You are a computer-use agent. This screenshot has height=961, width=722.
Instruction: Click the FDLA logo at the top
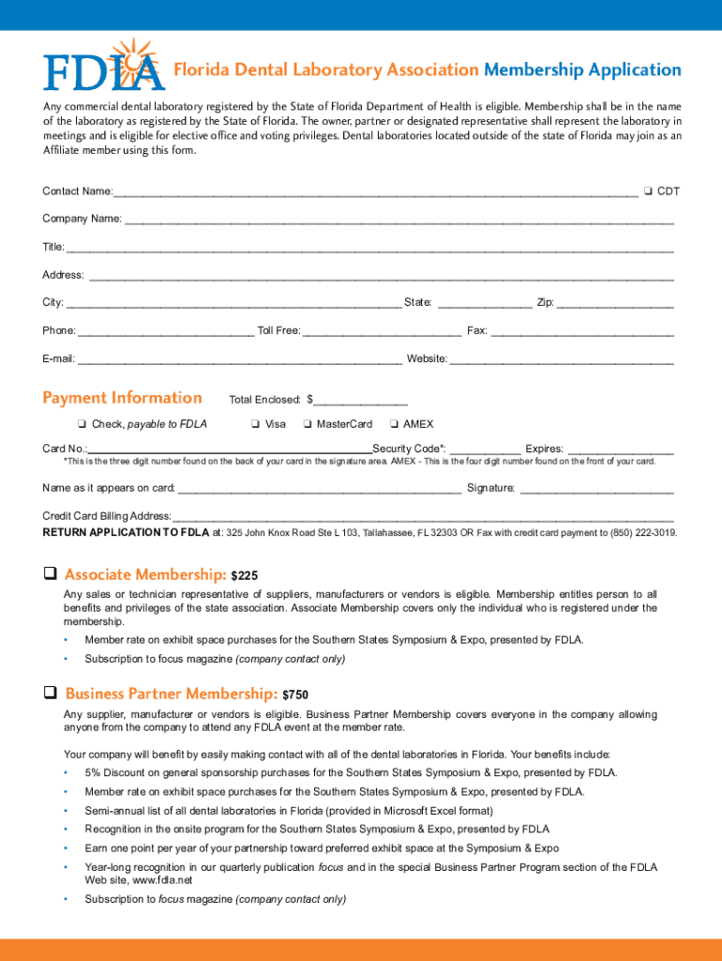tap(103, 66)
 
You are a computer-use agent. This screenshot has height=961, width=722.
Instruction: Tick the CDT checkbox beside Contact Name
tap(648, 191)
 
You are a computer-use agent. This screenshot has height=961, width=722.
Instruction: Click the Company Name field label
tap(82, 219)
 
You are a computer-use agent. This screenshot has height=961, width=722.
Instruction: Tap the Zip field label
tap(545, 302)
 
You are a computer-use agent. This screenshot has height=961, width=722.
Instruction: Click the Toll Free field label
tap(278, 330)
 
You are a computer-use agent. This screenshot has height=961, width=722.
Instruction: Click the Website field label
tap(427, 358)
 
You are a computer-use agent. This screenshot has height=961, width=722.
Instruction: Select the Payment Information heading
tap(122, 398)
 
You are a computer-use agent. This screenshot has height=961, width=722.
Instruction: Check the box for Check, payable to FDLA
tap(83, 424)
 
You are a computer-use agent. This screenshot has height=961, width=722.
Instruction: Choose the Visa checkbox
tap(255, 424)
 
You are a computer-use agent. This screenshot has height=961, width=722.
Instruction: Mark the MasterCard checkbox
tap(307, 424)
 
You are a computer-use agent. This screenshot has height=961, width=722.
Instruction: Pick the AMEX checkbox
tap(394, 424)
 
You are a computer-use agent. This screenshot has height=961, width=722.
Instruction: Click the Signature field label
tap(490, 488)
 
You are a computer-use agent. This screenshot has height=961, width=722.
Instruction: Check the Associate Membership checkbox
tap(51, 573)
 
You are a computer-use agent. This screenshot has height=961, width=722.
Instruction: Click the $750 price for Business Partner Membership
tap(295, 695)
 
